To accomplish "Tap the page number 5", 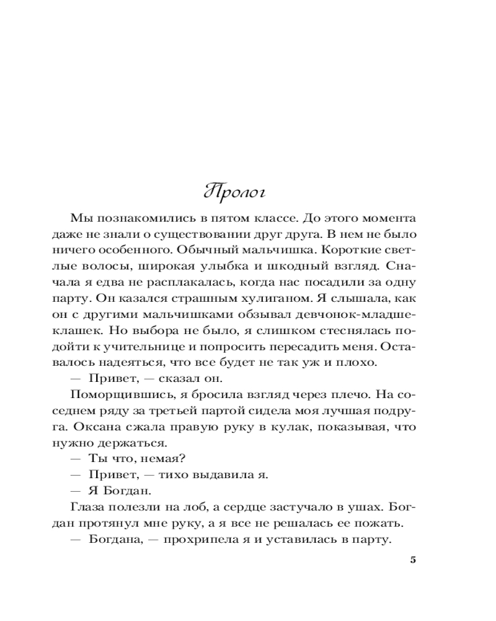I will pos(413,560).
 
